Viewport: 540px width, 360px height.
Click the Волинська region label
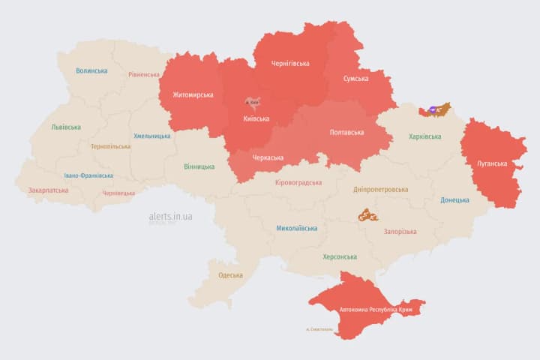[91, 71]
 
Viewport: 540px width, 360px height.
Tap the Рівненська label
[144, 75]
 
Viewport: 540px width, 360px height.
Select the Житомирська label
[193, 95]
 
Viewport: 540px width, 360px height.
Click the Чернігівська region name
[290, 64]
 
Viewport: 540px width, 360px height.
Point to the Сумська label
[355, 79]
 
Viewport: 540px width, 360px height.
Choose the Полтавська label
[346, 133]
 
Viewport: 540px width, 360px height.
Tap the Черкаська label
[267, 157]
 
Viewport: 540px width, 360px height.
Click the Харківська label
[425, 136]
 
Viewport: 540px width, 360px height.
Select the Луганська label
[492, 163]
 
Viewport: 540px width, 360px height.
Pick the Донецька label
[454, 200]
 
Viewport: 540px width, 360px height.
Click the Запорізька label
[400, 232]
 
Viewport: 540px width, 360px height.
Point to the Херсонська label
[340, 256]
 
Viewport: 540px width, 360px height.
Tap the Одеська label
[230, 275]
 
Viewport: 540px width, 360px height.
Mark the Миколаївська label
[296, 228]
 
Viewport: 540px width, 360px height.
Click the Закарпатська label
[48, 190]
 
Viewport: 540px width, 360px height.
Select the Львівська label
[66, 127]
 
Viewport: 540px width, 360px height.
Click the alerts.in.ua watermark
[170, 216]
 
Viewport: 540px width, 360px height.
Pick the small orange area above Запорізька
[367, 216]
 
